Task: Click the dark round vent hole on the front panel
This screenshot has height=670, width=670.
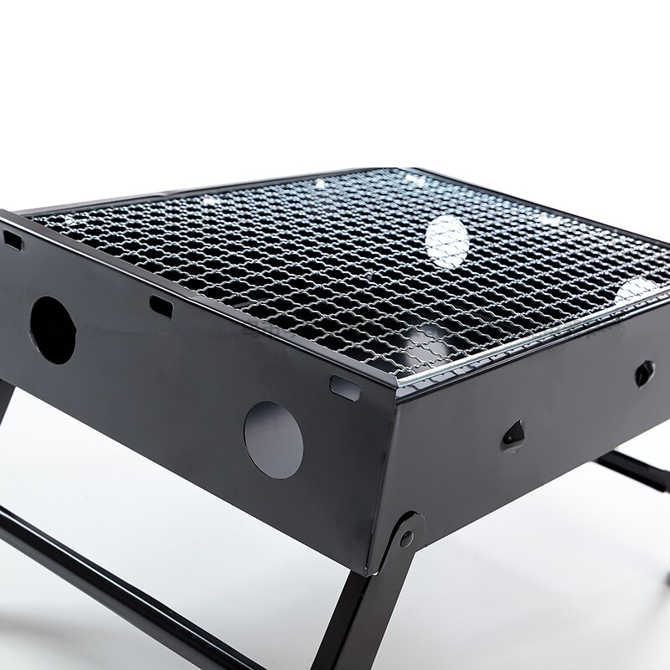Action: (53, 330)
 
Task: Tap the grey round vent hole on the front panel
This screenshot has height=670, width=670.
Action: (273, 440)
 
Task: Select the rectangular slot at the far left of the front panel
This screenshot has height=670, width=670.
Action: (13, 240)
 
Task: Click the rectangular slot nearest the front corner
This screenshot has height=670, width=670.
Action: (343, 385)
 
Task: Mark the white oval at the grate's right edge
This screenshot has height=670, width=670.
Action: (638, 289)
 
